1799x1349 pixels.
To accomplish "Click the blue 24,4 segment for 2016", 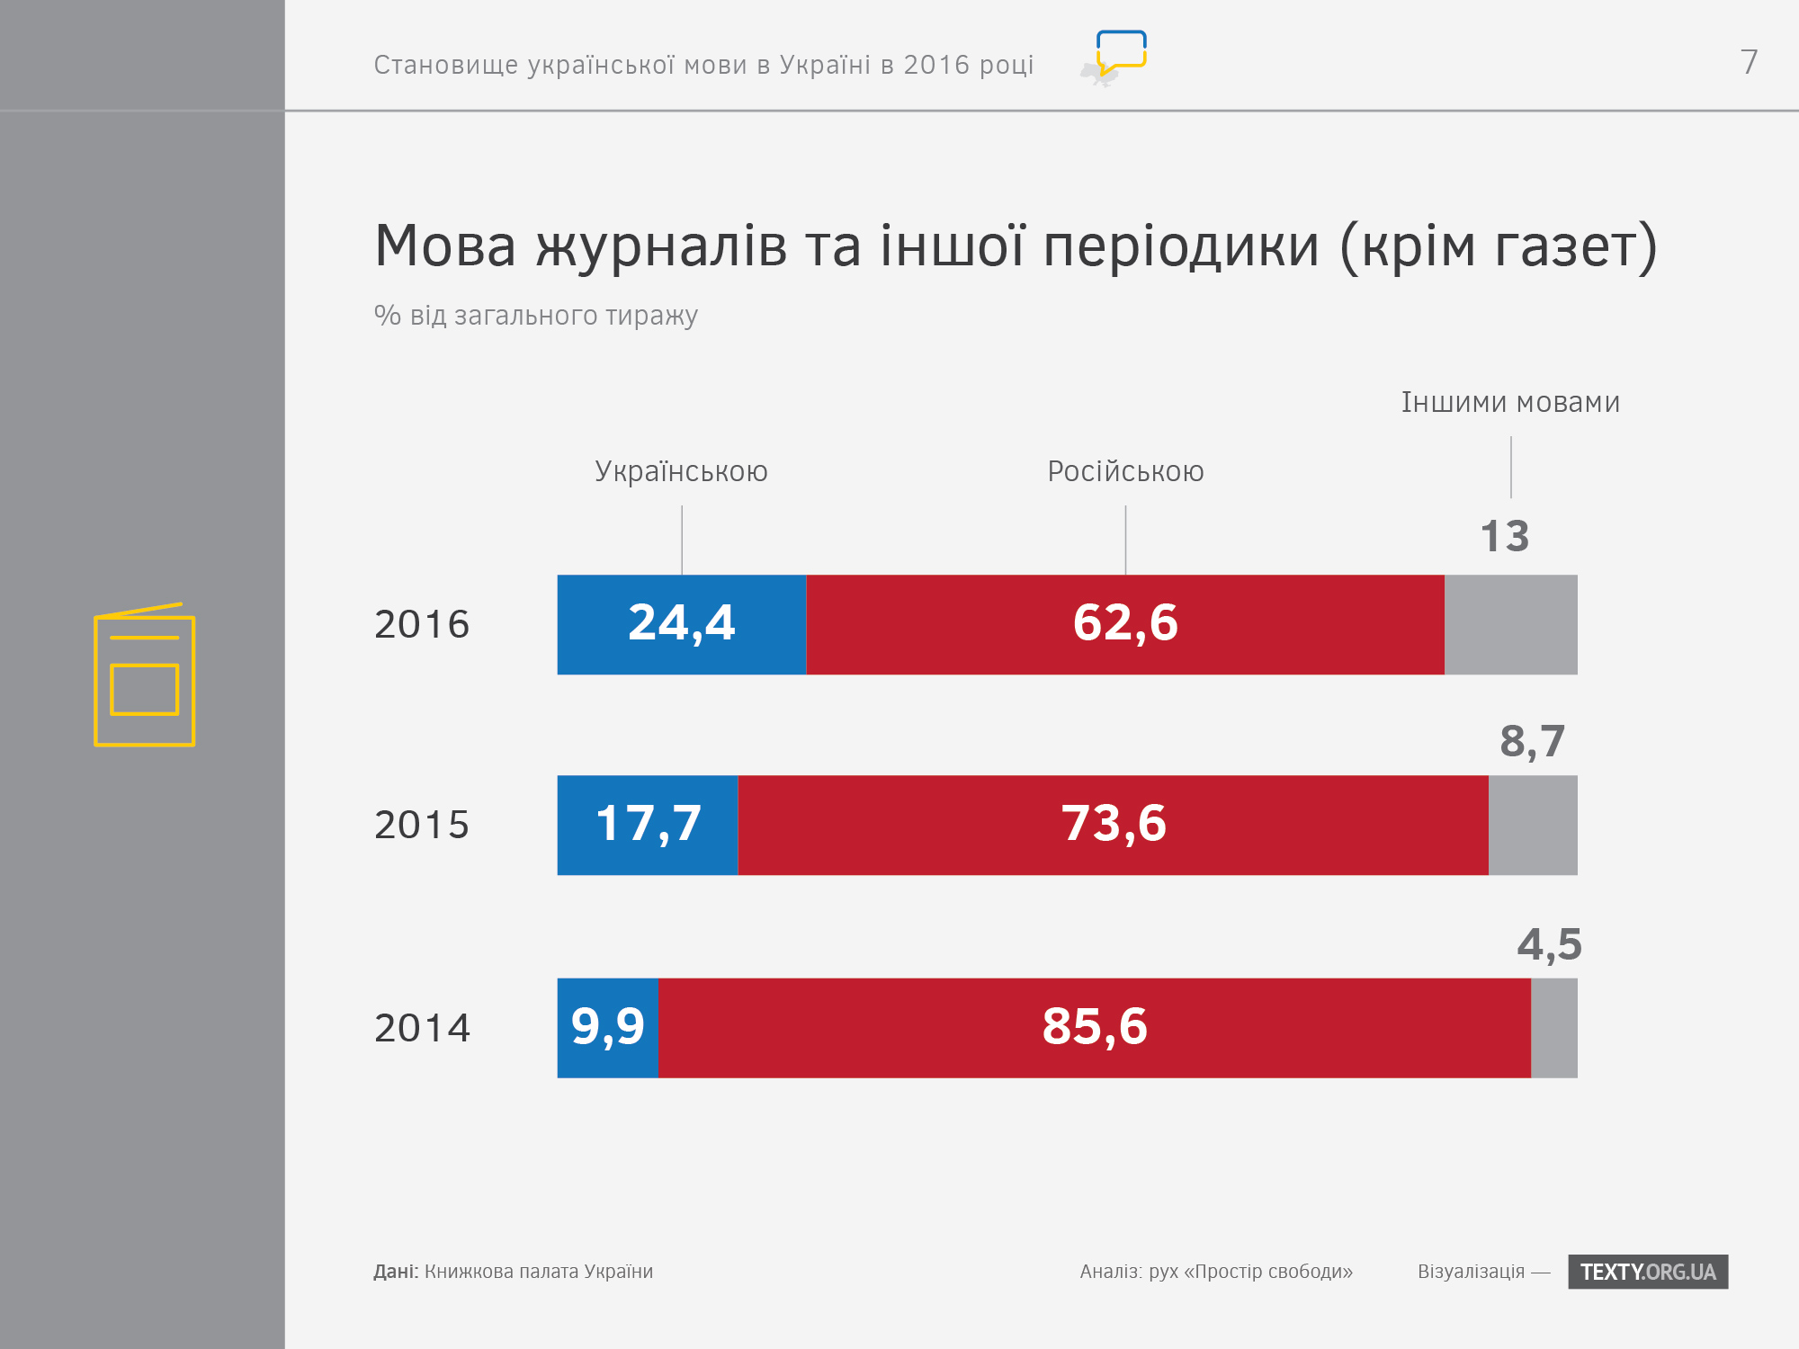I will pyautogui.click(x=681, y=624).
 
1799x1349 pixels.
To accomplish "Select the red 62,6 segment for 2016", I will pyautogui.click(x=1124, y=624).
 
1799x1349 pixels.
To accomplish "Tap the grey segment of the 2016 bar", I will pyautogui.click(x=1510, y=624).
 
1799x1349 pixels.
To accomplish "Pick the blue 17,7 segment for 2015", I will pyautogui.click(x=647, y=825).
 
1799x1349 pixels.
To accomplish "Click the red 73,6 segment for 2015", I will pyautogui.click(x=1113, y=825).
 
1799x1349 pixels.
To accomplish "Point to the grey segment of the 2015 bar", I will pyautogui.click(x=1533, y=825).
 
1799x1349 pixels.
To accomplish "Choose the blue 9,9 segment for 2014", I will pyautogui.click(x=607, y=1028).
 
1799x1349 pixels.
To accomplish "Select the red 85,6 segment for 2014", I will pyautogui.click(x=1094, y=1028).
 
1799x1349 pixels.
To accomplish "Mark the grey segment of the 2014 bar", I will pyautogui.click(x=1553, y=1028).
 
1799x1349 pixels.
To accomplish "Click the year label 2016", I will pyautogui.click(x=422, y=624).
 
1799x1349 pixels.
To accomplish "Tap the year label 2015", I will pyautogui.click(x=422, y=825).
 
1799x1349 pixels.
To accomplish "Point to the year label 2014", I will pyautogui.click(x=422, y=1028).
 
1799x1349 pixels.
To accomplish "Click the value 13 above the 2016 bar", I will pyautogui.click(x=1504, y=537).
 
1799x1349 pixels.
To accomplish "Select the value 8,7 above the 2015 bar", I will pyautogui.click(x=1532, y=742).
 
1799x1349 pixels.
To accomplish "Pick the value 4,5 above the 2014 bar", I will pyautogui.click(x=1549, y=944).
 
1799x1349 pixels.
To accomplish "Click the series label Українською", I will pyautogui.click(x=681, y=471).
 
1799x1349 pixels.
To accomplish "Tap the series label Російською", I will pyautogui.click(x=1125, y=471).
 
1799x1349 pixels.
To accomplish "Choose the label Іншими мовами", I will pyautogui.click(x=1510, y=402).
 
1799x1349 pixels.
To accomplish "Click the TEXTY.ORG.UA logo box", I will pyautogui.click(x=1647, y=1272).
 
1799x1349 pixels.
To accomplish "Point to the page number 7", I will pyautogui.click(x=1749, y=62).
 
